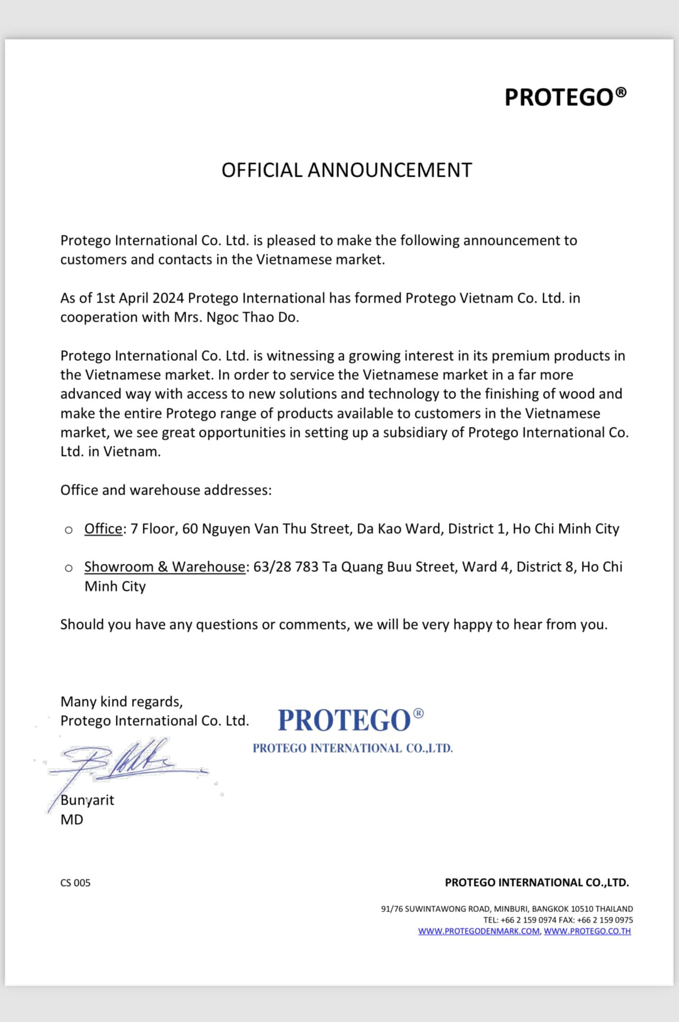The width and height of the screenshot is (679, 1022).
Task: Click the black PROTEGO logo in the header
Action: coord(565,97)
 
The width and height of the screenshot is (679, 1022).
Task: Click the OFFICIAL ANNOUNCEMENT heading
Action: coord(346,170)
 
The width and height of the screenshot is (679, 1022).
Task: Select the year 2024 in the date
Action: coord(168,298)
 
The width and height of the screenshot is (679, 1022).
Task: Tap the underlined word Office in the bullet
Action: coord(103,529)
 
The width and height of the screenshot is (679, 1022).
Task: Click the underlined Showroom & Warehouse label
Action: coord(164,567)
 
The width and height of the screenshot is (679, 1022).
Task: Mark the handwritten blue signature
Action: coord(127,762)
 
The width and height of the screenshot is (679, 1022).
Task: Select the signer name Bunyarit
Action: coord(87,800)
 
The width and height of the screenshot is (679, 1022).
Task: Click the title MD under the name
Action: coord(72,820)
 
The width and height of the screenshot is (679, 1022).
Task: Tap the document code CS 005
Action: coord(75,883)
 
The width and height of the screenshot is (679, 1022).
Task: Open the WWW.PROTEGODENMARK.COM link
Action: coord(479,931)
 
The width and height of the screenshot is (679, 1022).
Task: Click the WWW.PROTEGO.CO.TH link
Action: coord(587,931)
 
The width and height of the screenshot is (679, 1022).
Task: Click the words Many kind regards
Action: coord(121,702)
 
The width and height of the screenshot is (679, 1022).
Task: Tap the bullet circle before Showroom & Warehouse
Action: coord(69,569)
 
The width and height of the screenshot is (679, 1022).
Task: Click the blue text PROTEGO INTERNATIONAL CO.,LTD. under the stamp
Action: coord(352,749)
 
